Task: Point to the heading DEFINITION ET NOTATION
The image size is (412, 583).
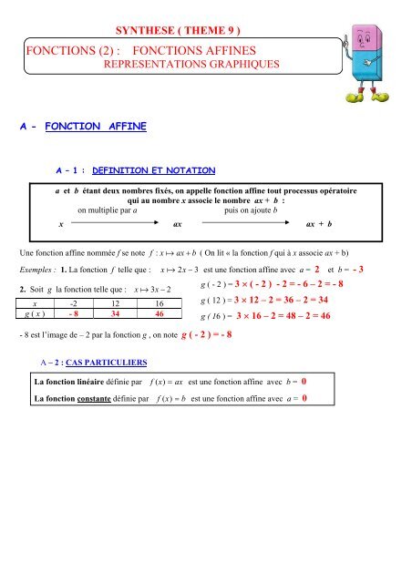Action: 151,169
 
